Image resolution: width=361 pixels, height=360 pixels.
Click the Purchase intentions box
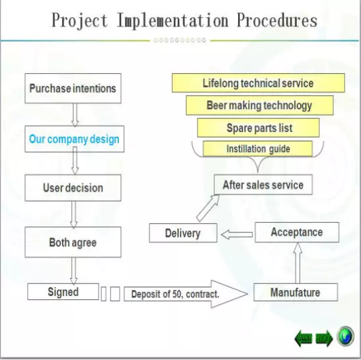(73, 89)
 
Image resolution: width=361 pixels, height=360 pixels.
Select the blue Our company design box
(74, 139)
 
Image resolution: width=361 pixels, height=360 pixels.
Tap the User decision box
(73, 188)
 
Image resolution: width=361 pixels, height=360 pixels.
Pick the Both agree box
(73, 242)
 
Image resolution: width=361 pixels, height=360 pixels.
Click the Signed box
(63, 292)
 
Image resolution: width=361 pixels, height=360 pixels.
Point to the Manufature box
(296, 293)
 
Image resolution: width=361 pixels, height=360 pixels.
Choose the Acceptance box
(297, 232)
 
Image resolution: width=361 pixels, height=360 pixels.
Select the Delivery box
(183, 233)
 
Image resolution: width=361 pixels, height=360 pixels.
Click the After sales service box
(263, 185)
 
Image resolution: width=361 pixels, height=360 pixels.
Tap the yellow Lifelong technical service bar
(259, 83)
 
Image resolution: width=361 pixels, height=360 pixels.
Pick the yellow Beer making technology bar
(259, 105)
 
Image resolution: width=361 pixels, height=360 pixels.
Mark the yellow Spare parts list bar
(259, 128)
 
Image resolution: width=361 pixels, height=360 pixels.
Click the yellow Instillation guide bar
(258, 149)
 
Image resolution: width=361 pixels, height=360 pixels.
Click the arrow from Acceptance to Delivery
(237, 234)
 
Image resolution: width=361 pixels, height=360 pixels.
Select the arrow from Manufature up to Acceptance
(298, 263)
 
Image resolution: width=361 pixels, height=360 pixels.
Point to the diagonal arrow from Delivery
(208, 208)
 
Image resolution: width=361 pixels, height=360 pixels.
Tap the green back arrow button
(303, 338)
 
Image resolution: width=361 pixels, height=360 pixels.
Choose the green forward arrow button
(324, 338)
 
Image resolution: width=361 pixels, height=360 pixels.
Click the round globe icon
(345, 336)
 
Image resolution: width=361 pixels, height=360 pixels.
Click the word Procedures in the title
(277, 20)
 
